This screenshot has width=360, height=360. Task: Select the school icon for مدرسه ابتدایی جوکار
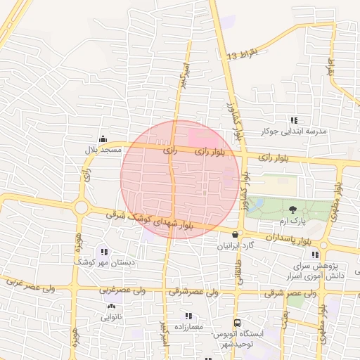[294, 120]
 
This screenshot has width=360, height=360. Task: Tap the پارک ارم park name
[292, 221]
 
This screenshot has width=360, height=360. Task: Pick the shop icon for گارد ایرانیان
[235, 234]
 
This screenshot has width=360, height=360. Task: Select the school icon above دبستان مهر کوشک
[105, 252]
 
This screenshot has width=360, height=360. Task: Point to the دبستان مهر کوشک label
[105, 263]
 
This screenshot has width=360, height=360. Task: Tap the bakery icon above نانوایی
[111, 306]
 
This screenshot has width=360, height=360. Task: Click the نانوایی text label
[111, 317]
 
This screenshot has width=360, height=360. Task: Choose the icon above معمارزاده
[188, 316]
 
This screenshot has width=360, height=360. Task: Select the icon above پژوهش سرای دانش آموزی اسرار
[315, 255]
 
